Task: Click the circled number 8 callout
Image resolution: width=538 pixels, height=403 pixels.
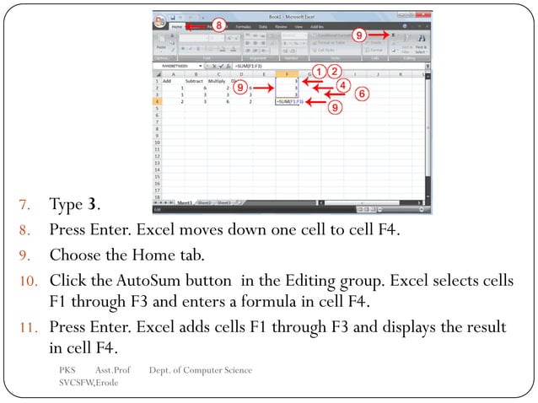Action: point(218,24)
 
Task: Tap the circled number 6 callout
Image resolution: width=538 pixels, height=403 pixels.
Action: point(361,94)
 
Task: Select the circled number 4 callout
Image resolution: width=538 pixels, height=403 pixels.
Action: point(342,84)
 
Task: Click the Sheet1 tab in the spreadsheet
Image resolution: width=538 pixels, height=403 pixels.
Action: point(184,202)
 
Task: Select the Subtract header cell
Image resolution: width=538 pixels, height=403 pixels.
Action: point(195,80)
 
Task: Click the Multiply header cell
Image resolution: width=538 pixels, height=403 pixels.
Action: point(217,80)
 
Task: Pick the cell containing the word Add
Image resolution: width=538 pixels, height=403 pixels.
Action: point(167,80)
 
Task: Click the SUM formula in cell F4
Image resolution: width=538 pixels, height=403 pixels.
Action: point(288,101)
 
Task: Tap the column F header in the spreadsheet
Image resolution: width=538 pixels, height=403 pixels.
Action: point(288,73)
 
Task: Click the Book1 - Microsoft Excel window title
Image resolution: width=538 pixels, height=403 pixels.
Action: point(291,15)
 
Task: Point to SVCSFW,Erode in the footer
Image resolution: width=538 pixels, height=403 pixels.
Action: point(89,384)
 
